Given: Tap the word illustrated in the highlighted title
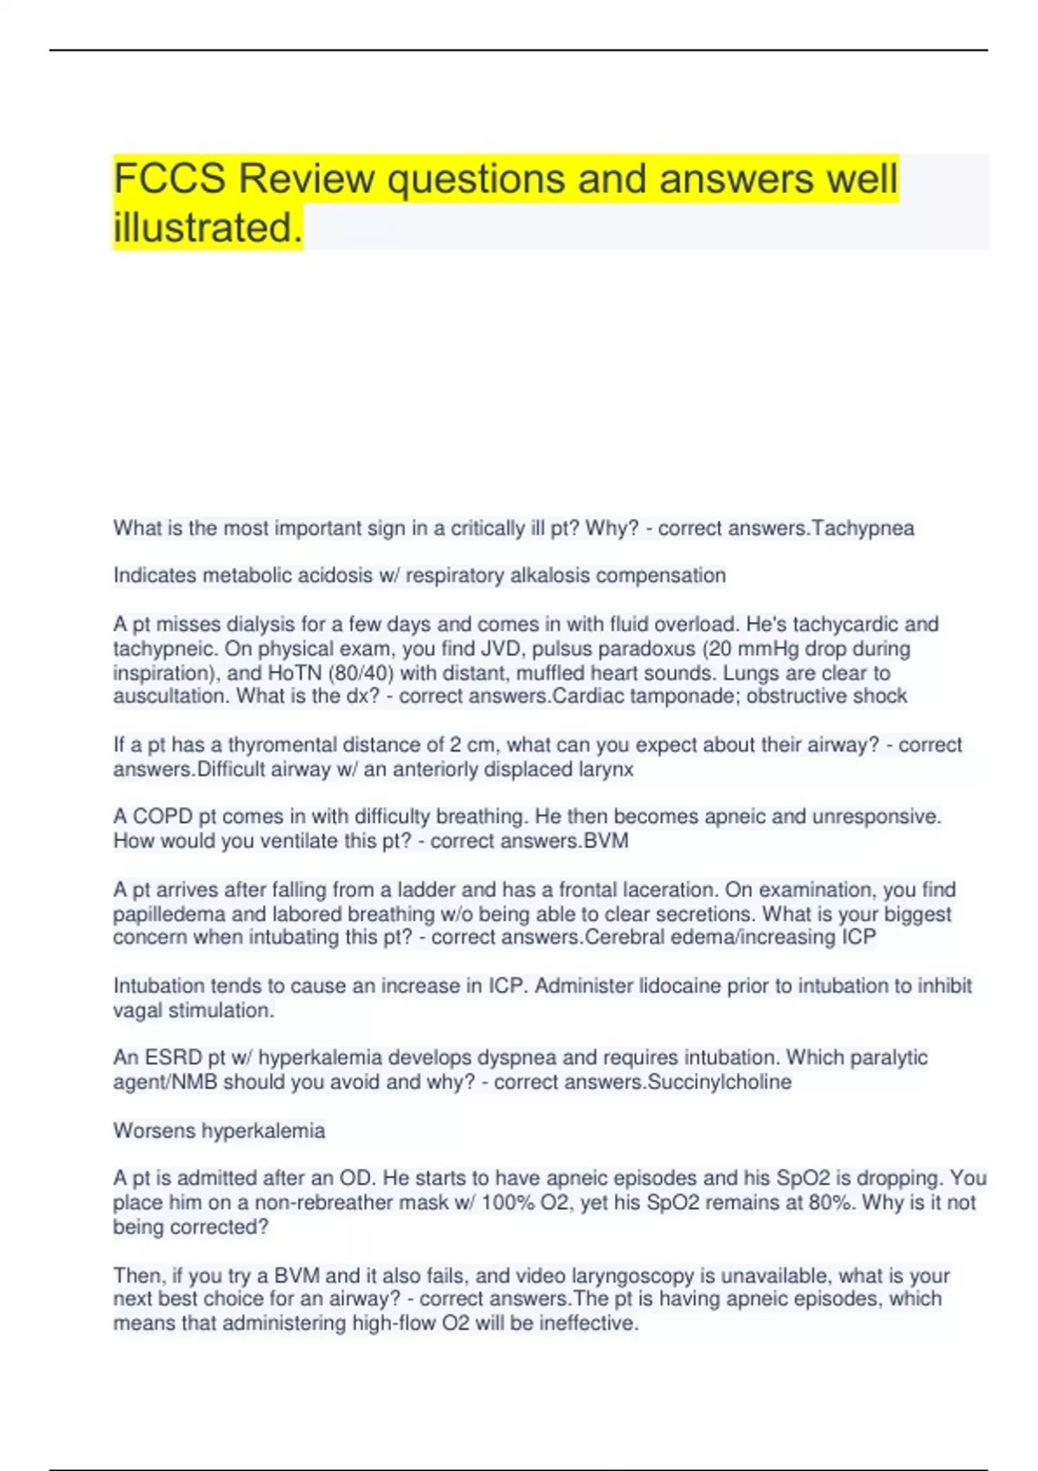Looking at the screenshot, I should (208, 228).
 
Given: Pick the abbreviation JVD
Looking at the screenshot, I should (503, 648).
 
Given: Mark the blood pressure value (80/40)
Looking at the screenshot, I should (361, 672).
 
